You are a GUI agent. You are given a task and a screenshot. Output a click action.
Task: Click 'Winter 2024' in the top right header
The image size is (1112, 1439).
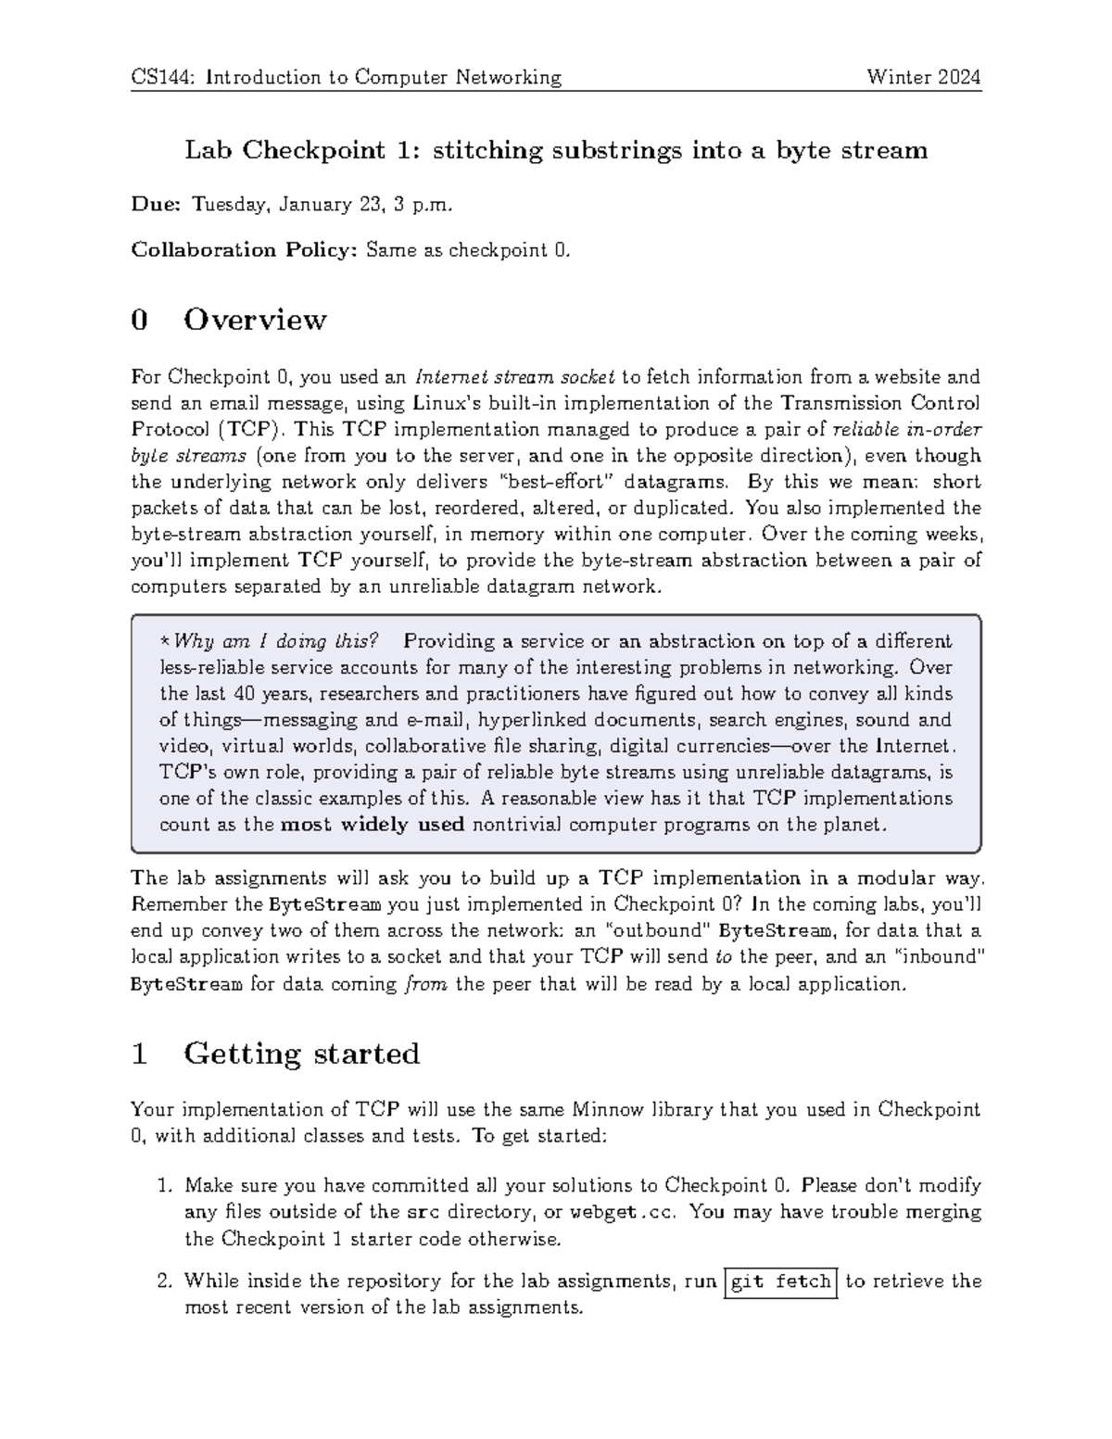(x=923, y=77)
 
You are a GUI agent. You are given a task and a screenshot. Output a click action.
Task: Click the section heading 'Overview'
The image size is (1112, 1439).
(x=255, y=320)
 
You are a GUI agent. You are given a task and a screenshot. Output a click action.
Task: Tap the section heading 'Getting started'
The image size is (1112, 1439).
(x=301, y=1054)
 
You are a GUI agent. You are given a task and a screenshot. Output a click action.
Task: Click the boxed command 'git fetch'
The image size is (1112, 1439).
(x=781, y=1281)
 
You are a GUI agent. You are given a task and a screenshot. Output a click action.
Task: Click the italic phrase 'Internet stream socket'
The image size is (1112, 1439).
(x=514, y=377)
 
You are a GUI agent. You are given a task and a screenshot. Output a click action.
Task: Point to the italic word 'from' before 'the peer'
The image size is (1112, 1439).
(x=427, y=984)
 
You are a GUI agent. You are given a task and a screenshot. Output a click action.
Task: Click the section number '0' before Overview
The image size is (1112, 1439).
(x=139, y=320)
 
